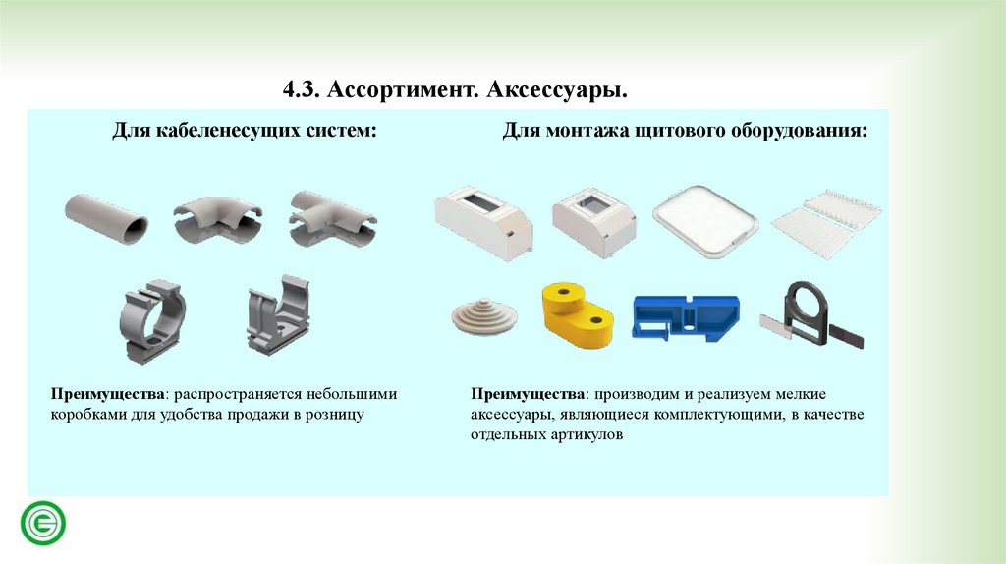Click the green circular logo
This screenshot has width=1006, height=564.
pos(43,523)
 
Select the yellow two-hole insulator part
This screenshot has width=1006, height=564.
pos(577,315)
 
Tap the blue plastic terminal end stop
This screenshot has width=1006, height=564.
pos(685,317)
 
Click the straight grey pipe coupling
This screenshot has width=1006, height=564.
pos(106,218)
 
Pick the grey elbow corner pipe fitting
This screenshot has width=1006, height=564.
pos(218,220)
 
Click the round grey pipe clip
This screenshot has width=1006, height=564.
pos(152,321)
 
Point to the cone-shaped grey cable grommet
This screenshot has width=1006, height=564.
pos(484,315)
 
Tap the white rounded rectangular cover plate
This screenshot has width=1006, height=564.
pos(705,221)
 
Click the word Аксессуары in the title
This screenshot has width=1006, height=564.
pos(556,89)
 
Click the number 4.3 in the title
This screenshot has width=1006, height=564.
pos(301,89)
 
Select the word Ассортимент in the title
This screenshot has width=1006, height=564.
pos(403,89)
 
